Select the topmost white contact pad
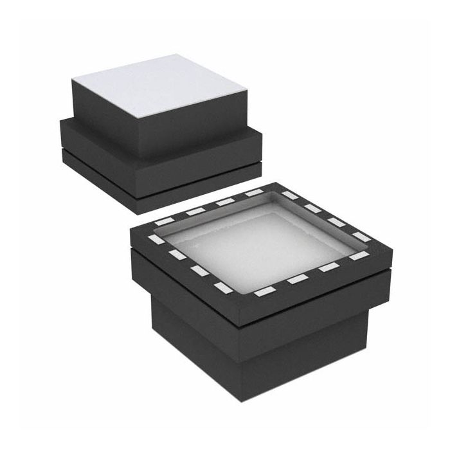(x=255, y=192)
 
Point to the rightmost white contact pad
(x=361, y=236)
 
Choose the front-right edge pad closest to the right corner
(x=359, y=256)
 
